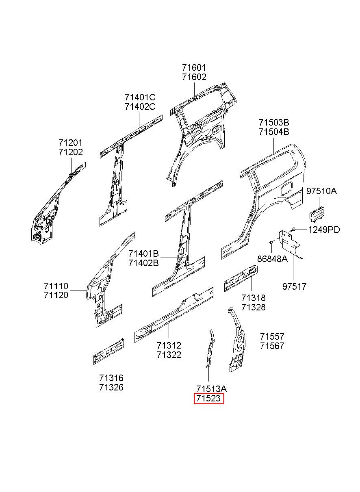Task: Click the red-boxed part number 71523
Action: pos(209,399)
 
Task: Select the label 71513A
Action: pos(211,389)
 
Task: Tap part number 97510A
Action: pos(321,191)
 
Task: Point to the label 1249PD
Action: pos(324,230)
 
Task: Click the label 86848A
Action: pos(272,259)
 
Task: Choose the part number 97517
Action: pos(294,287)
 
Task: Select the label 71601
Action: pos(194,67)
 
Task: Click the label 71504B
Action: pos(274,132)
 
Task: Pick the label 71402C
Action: pos(140,107)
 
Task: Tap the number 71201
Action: pos(70,143)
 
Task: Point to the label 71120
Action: pos(56,295)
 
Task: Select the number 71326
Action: pos(111,388)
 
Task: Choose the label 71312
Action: pos(169,346)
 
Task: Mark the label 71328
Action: pos(253,308)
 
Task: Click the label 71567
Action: pos(272,346)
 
